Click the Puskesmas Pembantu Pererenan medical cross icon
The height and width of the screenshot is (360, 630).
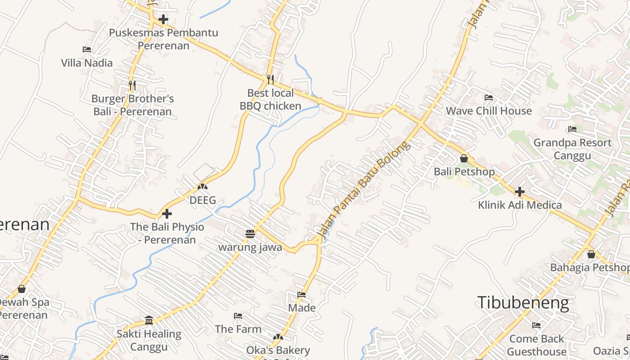163,19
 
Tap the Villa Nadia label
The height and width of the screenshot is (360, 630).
87,63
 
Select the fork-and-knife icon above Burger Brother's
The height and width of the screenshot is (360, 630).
132,84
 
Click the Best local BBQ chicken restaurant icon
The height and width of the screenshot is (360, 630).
270,79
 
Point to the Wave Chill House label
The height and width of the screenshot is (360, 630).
489,111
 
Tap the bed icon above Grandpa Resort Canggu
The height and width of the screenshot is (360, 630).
572,129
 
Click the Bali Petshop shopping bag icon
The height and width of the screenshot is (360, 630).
464,158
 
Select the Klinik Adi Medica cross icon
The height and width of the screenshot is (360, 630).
520,192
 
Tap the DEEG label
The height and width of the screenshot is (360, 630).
203,200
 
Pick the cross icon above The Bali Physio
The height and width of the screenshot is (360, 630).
167,213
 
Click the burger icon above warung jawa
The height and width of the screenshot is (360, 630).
250,234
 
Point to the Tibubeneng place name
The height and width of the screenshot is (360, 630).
523,303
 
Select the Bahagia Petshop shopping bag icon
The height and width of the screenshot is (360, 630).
591,254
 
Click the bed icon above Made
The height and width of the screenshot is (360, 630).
301,295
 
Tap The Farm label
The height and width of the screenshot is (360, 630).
238,329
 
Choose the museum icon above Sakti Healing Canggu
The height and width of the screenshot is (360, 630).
149,320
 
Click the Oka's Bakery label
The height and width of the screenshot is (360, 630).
278,350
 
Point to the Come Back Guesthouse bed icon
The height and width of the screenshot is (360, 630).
536,325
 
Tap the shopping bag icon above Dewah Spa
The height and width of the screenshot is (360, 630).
21,289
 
